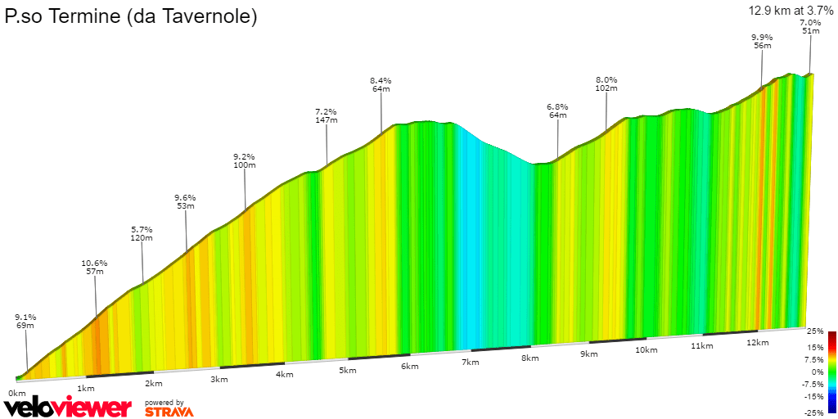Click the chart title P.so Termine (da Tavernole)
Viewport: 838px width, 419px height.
[x=131, y=16]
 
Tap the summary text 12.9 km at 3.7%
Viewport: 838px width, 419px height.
[x=790, y=11]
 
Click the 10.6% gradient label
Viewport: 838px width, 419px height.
[x=94, y=267]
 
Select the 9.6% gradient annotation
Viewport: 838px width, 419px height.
[x=186, y=201]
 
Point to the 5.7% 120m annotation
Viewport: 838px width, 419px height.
[x=142, y=233]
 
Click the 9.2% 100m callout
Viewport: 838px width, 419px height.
[x=244, y=160]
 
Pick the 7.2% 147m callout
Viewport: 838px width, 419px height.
[x=327, y=115]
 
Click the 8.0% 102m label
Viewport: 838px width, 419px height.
[x=606, y=83]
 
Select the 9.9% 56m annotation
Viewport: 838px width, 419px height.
[x=762, y=42]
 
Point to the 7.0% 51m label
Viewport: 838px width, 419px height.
[x=810, y=26]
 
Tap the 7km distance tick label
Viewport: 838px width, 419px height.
[x=470, y=362]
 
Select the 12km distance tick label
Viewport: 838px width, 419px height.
[x=758, y=342]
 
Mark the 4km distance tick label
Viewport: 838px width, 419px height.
[x=285, y=375]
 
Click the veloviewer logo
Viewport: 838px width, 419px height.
[x=67, y=407]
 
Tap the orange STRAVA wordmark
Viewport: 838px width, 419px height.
[x=169, y=412]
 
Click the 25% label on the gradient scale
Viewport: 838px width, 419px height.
[x=815, y=331]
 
